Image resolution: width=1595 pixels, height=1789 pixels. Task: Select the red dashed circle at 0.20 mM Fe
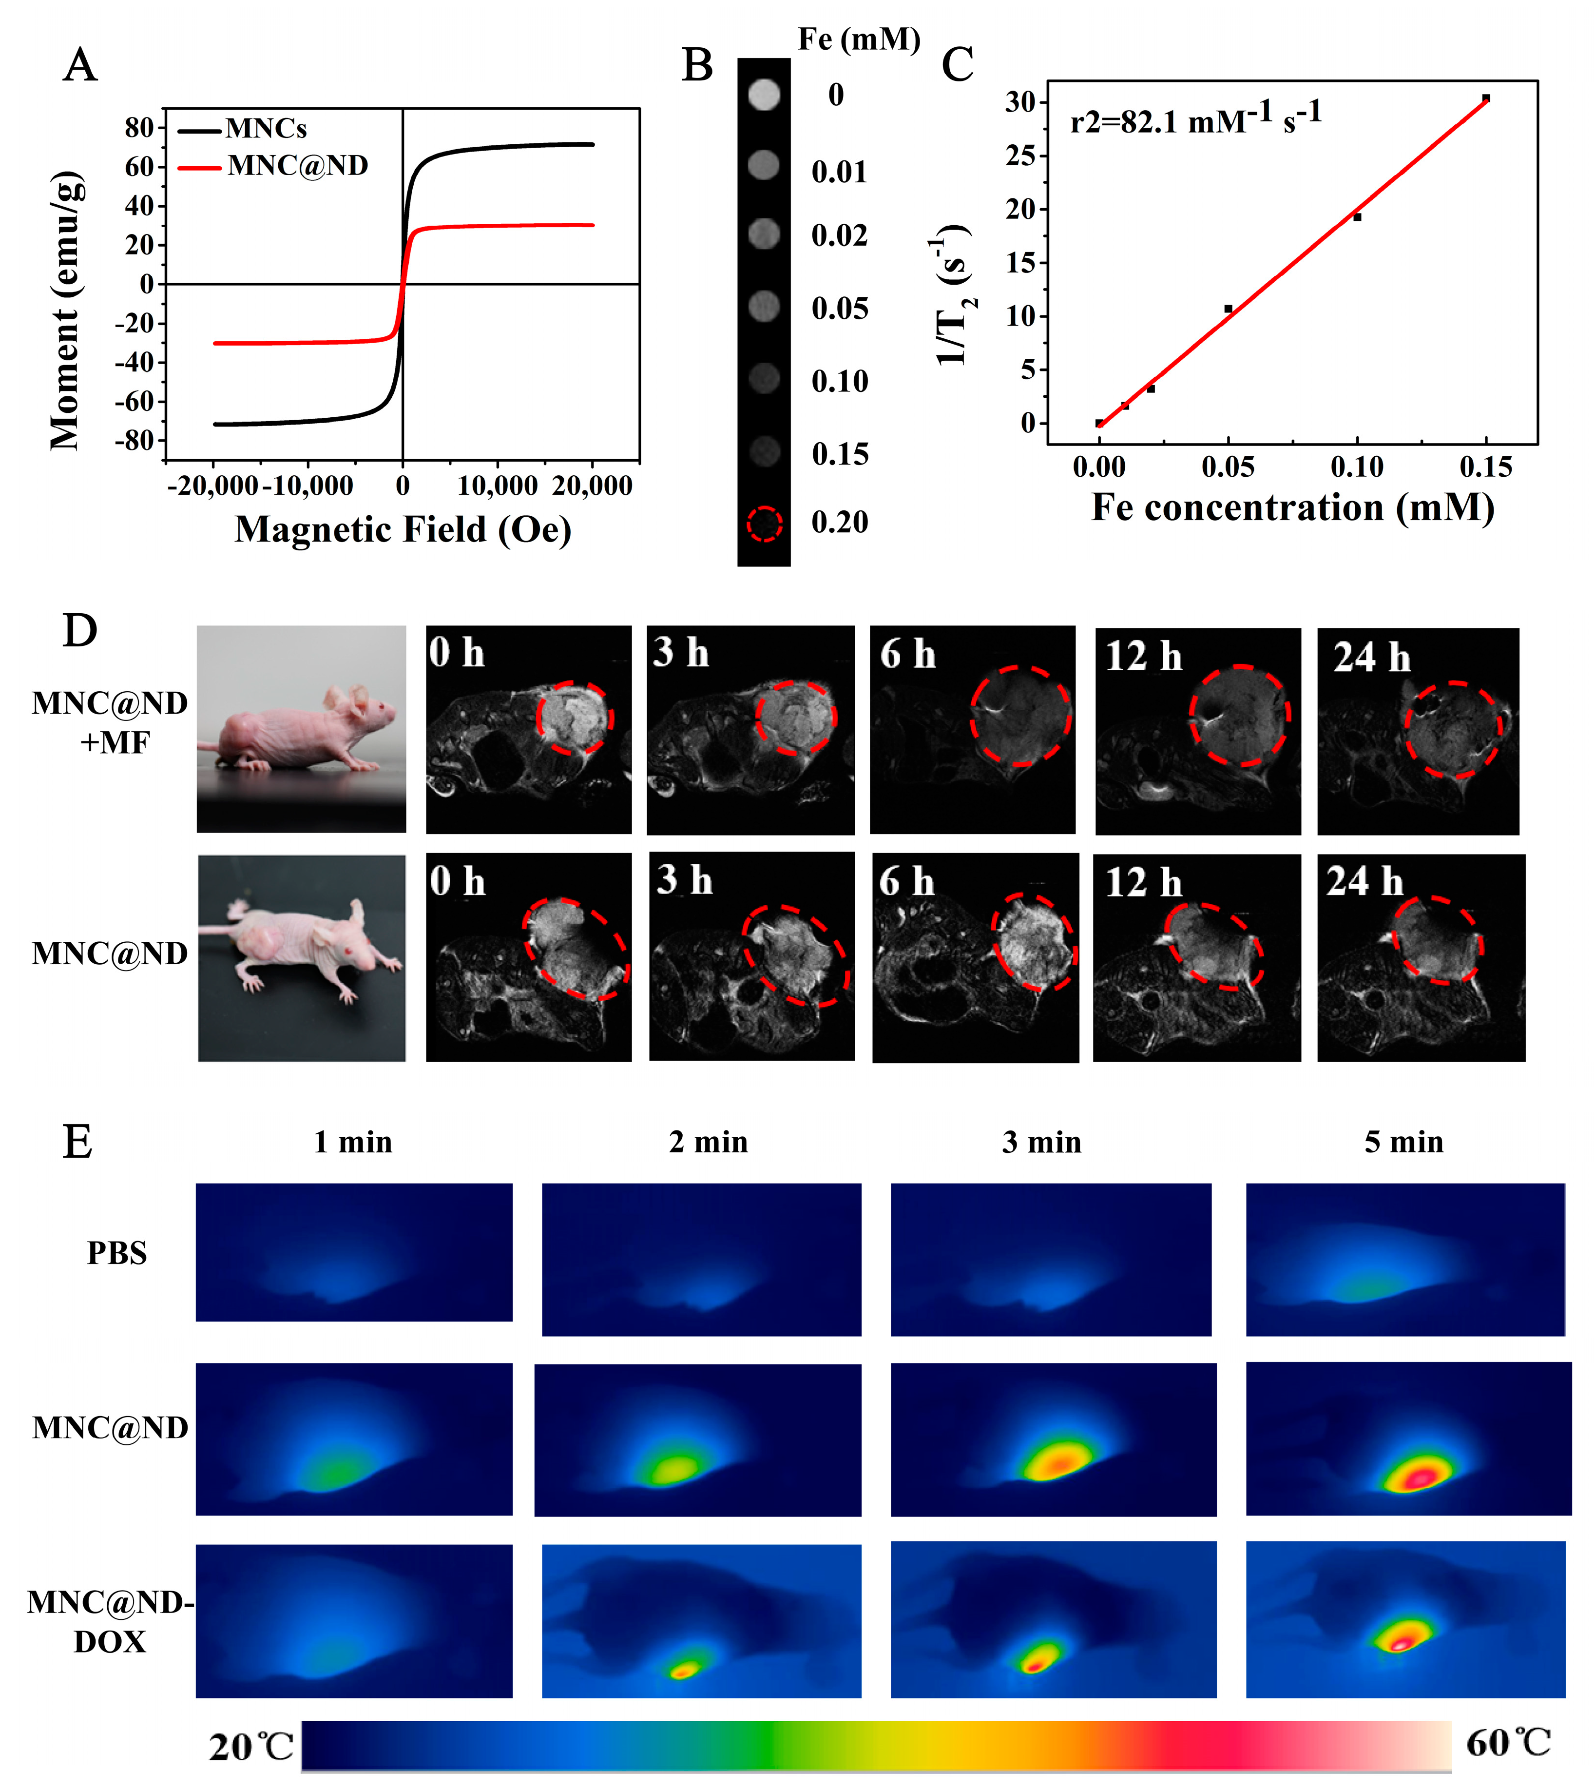point(764,524)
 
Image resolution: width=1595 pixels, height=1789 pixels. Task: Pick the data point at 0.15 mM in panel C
point(1485,98)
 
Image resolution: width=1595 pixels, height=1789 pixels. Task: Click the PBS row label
point(116,1253)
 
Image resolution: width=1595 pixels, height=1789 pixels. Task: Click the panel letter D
point(80,631)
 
